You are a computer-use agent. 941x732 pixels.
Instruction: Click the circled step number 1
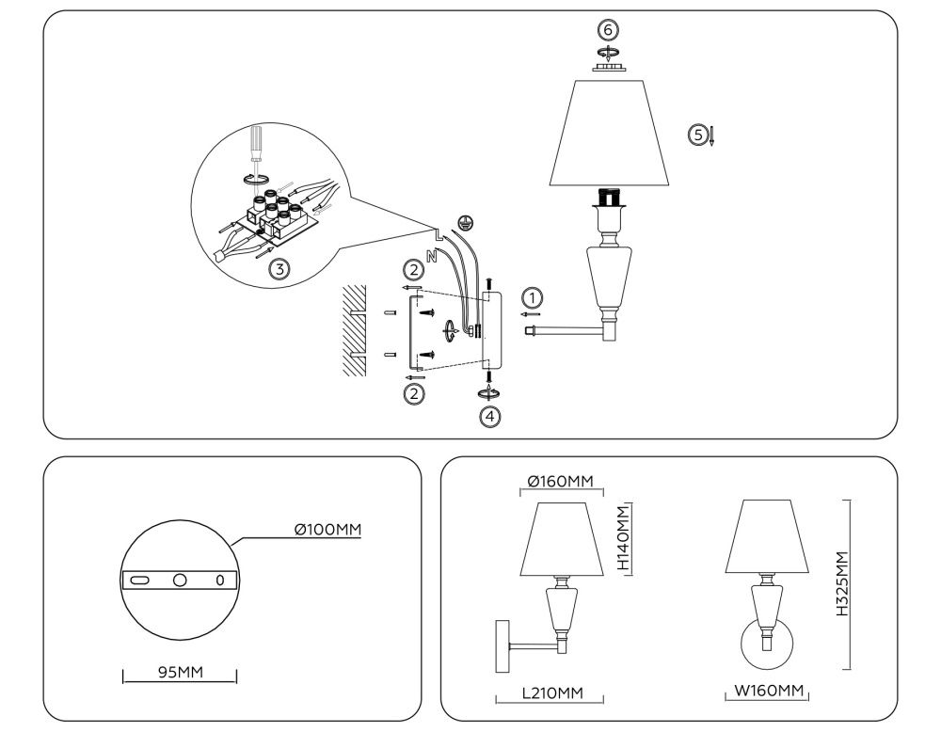coord(533,298)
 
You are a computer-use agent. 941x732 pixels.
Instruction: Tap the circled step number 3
coord(279,268)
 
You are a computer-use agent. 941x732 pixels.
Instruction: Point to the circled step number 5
coord(697,135)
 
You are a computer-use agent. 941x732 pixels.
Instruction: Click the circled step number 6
coord(610,29)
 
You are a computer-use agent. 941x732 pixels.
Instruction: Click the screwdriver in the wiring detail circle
coord(255,146)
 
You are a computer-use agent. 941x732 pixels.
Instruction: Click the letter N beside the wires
coord(431,254)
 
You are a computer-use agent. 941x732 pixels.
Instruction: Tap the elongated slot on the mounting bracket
coord(139,581)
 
